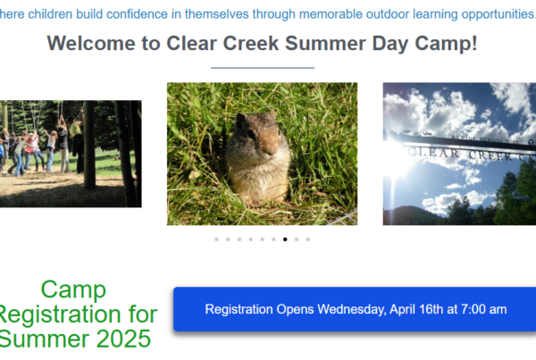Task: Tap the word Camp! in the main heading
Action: coord(446,44)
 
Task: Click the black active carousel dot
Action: coord(285,239)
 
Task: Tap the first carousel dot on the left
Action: coord(216,239)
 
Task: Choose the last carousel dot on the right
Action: coord(308,239)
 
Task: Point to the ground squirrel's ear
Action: coord(240,120)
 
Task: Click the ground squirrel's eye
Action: coord(252,134)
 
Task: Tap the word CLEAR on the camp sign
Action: coord(434,153)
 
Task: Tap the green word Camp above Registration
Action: coord(73,290)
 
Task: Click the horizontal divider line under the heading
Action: coord(263,68)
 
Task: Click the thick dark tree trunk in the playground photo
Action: coord(89,145)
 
